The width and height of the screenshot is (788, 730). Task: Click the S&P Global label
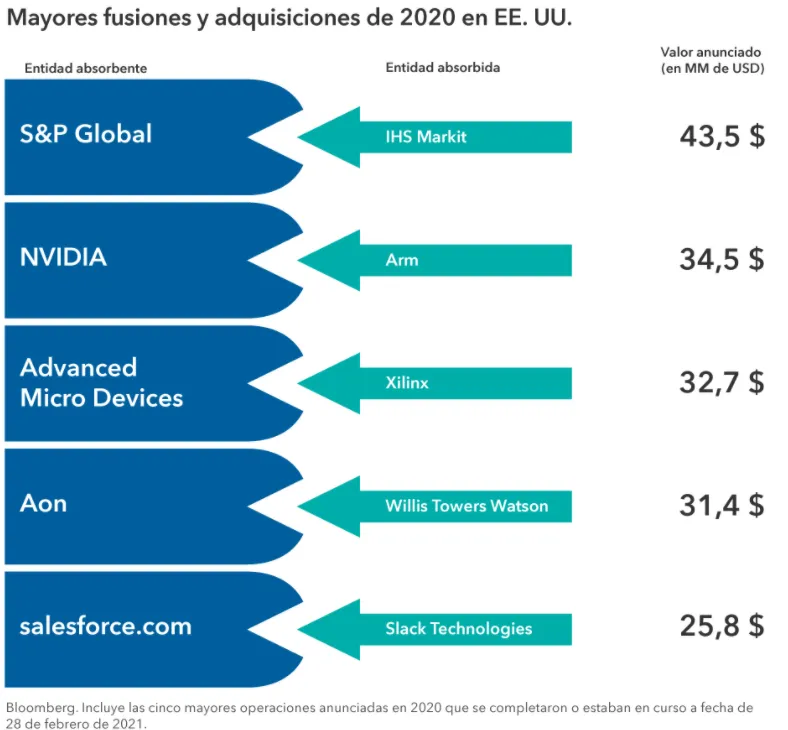(x=86, y=134)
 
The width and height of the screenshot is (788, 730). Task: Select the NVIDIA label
(x=63, y=257)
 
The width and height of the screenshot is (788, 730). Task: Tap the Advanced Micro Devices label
(x=101, y=382)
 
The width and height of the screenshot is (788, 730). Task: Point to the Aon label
(x=43, y=502)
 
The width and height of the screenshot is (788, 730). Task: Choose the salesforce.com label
(x=105, y=627)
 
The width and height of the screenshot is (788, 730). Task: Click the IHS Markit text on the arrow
(x=426, y=136)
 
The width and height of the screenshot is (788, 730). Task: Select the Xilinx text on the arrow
(x=407, y=383)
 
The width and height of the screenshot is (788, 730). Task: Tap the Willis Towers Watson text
(x=466, y=506)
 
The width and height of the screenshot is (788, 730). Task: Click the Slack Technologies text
(x=458, y=629)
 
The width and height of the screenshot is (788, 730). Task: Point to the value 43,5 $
(x=721, y=136)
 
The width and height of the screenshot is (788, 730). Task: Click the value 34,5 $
(x=721, y=259)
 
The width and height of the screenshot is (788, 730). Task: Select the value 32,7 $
(x=721, y=382)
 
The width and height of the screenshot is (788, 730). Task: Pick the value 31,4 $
(x=721, y=505)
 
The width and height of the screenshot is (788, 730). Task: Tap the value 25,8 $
(x=721, y=627)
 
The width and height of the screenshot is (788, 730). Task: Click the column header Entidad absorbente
(x=85, y=68)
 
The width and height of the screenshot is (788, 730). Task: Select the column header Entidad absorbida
(x=442, y=68)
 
